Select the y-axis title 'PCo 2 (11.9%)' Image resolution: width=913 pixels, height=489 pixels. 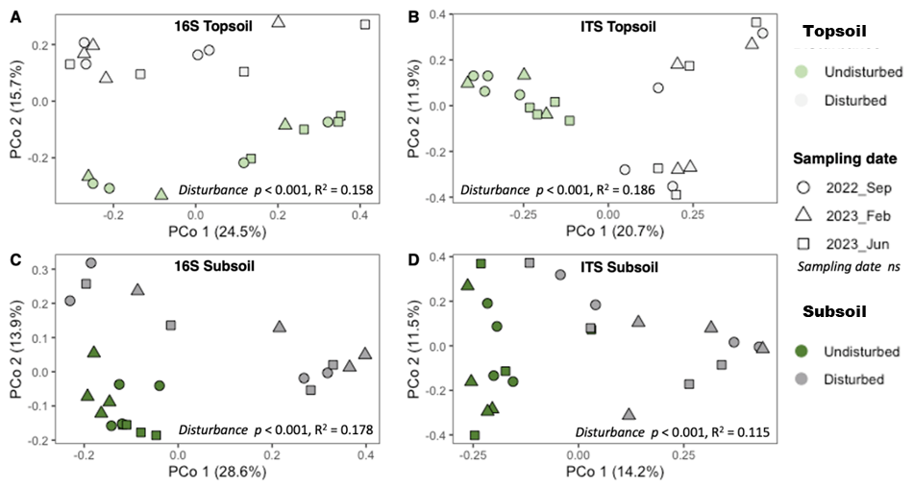click(415, 106)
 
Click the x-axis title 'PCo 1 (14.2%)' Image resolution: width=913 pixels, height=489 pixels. click(620, 472)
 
